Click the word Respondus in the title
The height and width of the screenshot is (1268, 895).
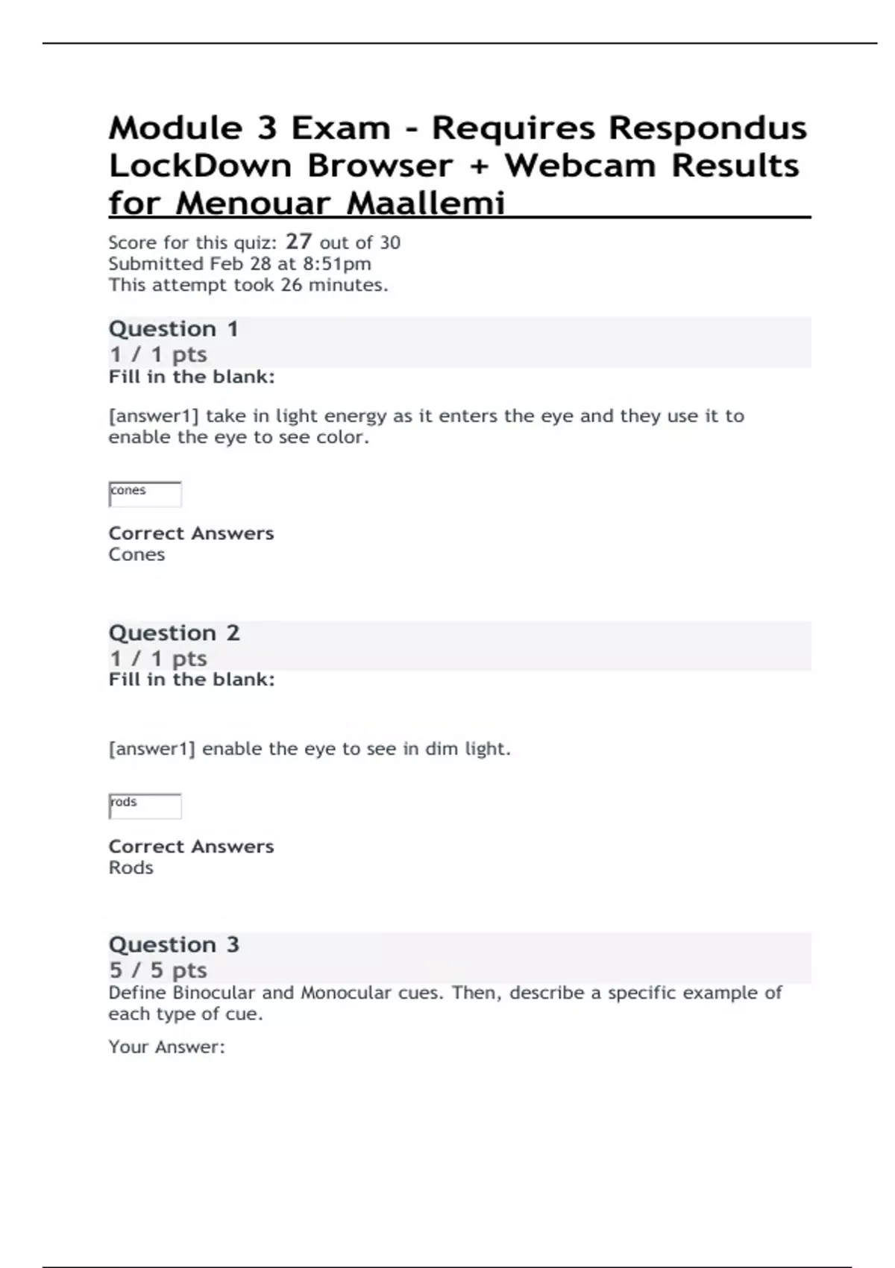(708, 128)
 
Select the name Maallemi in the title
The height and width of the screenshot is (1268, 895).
(426, 203)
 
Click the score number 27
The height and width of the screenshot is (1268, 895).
(298, 242)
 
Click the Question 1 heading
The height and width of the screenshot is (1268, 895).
(173, 329)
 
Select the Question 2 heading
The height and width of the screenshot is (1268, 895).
(174, 633)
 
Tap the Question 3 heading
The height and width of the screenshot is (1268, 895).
(174, 945)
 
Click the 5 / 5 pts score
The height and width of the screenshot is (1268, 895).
(157, 970)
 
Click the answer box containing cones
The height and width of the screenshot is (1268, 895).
(145, 494)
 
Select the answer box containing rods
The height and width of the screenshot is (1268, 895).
(145, 806)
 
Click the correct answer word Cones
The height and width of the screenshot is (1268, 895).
(136, 555)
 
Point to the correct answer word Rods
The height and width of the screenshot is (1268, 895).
(131, 868)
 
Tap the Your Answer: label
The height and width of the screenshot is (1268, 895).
(166, 1047)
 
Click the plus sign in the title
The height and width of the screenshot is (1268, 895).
(479, 166)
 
